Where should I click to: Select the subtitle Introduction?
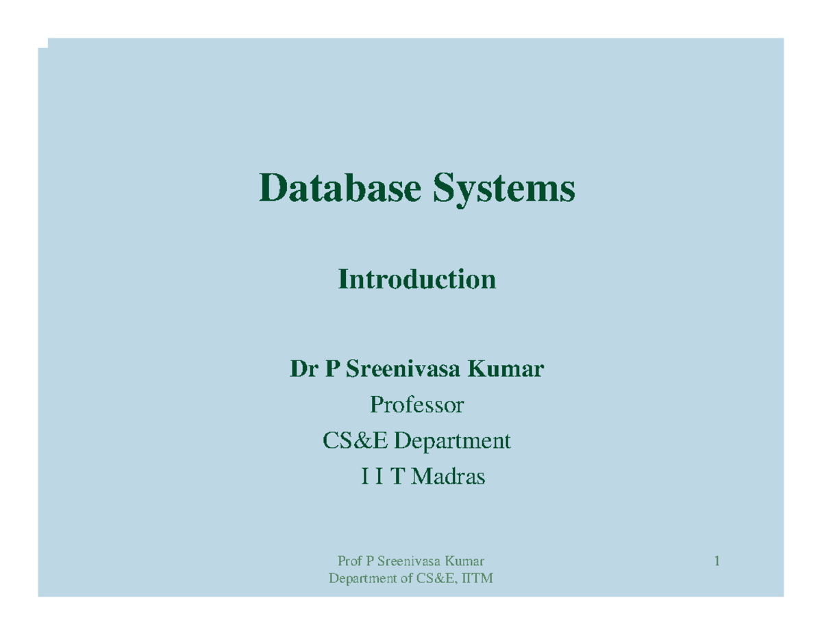(416, 279)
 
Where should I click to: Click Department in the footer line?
(362, 580)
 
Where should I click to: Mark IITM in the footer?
(477, 580)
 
